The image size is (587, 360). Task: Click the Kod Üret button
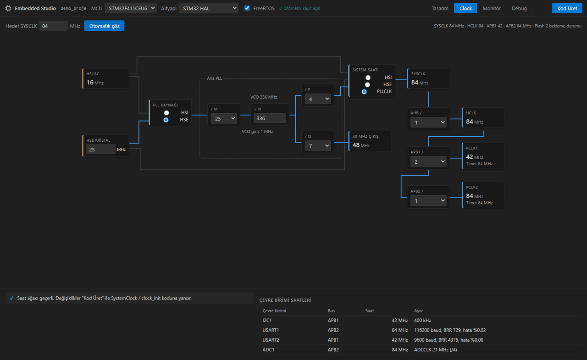click(567, 8)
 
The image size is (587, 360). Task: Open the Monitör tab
click(492, 8)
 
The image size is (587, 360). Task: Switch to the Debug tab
click(519, 8)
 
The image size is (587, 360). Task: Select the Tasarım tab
click(440, 8)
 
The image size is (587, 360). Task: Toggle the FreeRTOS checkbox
click(247, 8)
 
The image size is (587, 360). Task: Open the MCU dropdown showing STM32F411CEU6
click(131, 8)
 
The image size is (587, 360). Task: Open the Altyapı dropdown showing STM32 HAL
click(208, 8)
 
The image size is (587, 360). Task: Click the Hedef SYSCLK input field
click(54, 26)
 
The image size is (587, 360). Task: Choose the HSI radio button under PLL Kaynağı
click(166, 113)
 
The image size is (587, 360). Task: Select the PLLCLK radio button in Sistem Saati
click(364, 92)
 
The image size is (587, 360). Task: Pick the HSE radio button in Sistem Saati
click(367, 85)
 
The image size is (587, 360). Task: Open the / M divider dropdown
click(223, 118)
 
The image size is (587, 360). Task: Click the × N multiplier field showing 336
click(270, 118)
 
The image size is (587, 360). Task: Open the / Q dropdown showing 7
click(317, 146)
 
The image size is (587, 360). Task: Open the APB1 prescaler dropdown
click(428, 161)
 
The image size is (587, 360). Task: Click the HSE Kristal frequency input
click(100, 150)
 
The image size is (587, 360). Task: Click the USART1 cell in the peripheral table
click(271, 330)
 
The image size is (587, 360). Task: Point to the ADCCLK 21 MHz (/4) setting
click(435, 349)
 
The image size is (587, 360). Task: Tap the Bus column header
click(331, 311)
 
